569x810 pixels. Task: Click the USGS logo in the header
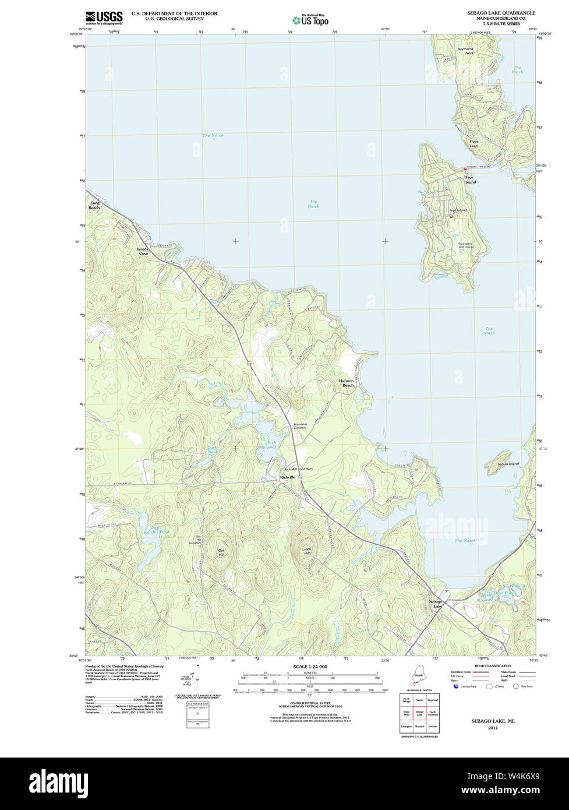(104, 17)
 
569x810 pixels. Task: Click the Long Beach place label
(94, 206)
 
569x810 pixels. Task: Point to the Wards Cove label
(143, 251)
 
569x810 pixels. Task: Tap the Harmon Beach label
(347, 383)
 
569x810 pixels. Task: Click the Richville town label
(288, 477)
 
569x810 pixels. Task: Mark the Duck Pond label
(211, 450)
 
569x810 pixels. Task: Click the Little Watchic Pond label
(156, 530)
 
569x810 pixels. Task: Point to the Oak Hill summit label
(221, 552)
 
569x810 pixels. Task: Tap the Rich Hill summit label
(307, 551)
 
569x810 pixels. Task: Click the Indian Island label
(508, 464)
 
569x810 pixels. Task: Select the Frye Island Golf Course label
(465, 245)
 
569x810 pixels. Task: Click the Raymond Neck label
(465, 51)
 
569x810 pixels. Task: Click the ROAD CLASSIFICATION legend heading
(493, 665)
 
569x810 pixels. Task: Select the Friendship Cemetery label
(300, 426)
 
